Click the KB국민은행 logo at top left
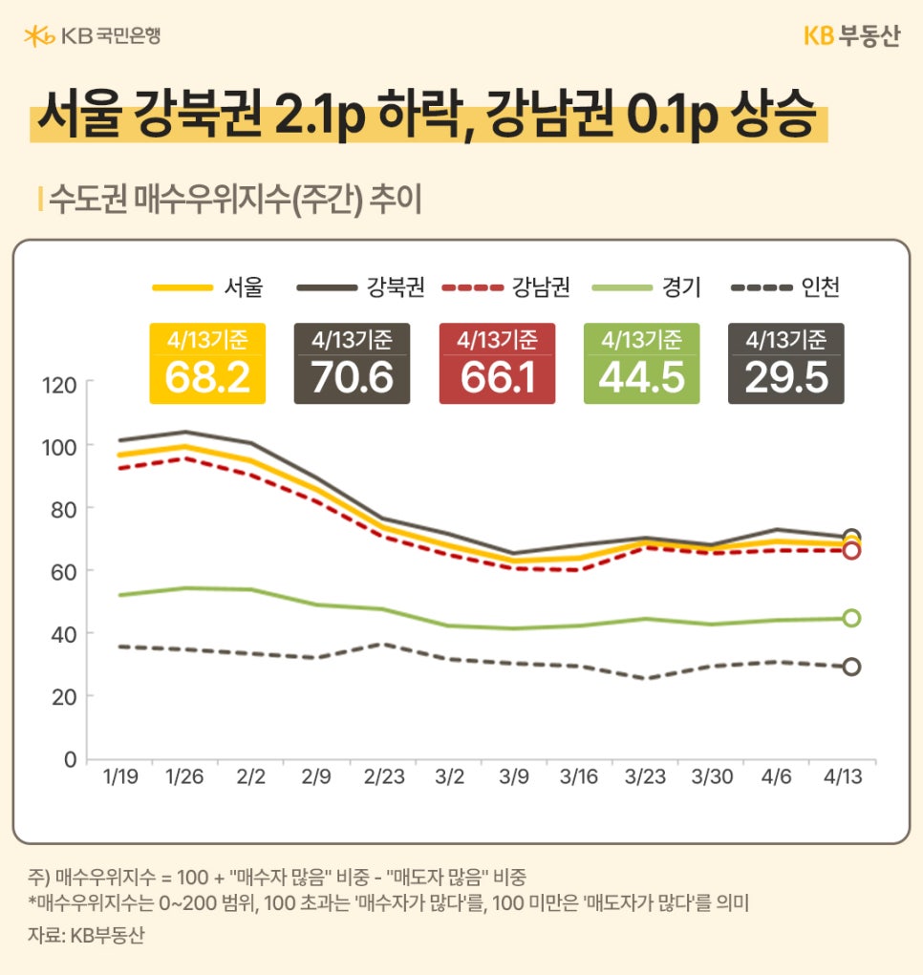click(92, 36)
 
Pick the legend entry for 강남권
click(506, 286)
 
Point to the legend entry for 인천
click(784, 286)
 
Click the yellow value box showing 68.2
click(207, 364)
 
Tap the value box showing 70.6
click(352, 364)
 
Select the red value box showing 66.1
click(496, 364)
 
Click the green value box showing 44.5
click(641, 364)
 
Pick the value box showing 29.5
click(785, 364)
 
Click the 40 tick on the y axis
click(65, 634)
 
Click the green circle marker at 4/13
click(851, 618)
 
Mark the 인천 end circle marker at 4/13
click(851, 667)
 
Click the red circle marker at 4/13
click(851, 551)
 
